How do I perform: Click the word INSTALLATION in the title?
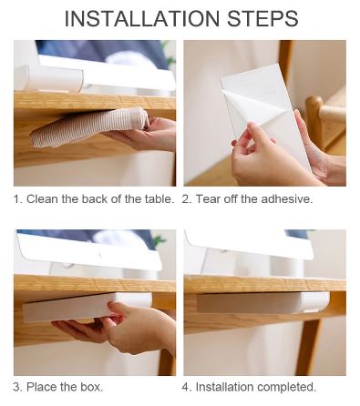click(x=142, y=18)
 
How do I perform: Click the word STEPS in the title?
click(x=262, y=18)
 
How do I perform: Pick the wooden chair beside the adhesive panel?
click(x=325, y=121)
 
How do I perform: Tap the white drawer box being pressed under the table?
click(x=87, y=307)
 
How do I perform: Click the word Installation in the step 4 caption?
click(x=225, y=387)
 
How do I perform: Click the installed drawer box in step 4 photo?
click(x=262, y=302)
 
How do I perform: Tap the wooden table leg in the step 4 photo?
click(x=309, y=347)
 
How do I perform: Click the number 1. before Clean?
click(x=17, y=199)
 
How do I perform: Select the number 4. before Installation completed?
click(x=187, y=387)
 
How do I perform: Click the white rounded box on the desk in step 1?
click(x=48, y=78)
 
